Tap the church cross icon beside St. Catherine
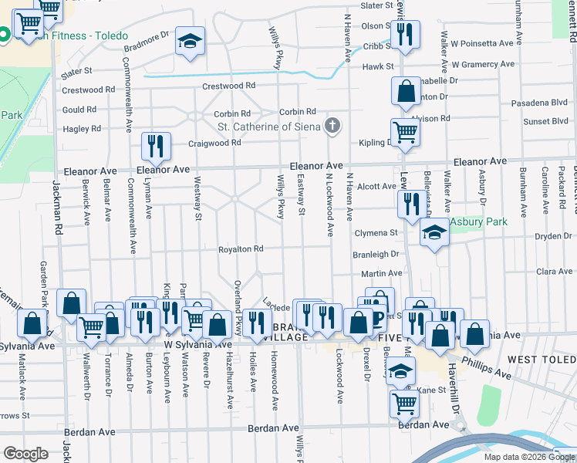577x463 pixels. (332, 126)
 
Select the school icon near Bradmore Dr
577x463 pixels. (189, 42)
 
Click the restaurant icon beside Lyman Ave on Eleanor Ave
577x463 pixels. (157, 146)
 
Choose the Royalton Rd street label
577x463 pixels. (241, 249)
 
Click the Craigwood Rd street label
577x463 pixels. (215, 143)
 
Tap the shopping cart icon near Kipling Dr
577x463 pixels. (404, 132)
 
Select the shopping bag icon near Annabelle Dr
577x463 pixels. (405, 92)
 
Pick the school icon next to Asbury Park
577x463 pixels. (434, 233)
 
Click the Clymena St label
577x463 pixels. (376, 232)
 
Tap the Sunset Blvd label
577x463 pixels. (546, 122)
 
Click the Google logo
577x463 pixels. (25, 453)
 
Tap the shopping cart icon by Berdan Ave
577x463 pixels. (404, 401)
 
